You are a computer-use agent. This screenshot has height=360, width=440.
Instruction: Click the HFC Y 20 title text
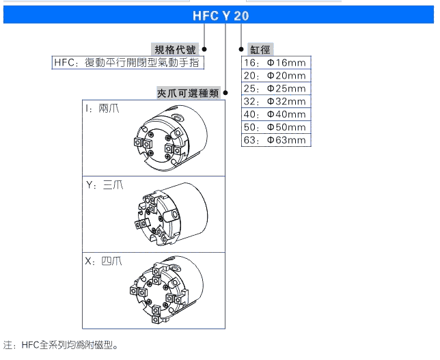[221, 16]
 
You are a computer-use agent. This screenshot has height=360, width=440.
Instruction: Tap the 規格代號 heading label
[175, 50]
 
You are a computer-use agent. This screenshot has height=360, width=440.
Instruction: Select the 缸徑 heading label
[260, 50]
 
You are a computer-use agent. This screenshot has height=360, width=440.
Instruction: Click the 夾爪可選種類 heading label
[188, 93]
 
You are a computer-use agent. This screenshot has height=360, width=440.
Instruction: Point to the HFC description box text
[128, 63]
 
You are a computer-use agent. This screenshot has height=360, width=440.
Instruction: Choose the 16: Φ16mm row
[276, 63]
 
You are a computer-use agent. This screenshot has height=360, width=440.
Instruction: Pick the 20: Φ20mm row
[276, 75]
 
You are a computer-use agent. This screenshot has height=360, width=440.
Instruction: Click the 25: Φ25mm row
[276, 88]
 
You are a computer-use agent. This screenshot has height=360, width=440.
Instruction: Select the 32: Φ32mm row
[276, 101]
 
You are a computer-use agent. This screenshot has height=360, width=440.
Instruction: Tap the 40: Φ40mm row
[276, 114]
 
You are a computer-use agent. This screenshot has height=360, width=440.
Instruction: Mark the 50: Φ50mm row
[276, 127]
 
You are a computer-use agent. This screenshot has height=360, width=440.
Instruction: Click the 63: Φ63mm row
[276, 140]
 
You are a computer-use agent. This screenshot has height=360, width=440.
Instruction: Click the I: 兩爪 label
[102, 109]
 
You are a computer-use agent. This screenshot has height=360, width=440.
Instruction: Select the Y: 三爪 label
[105, 185]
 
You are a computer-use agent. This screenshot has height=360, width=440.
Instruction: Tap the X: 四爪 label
[104, 261]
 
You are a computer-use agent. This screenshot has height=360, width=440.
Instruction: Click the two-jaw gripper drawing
[171, 138]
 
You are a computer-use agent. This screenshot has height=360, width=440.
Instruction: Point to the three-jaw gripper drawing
[171, 214]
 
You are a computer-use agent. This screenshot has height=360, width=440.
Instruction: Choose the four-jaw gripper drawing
[167, 290]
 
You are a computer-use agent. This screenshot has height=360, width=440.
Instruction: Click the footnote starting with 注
[61, 345]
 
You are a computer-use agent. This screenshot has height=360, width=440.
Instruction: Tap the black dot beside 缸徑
[241, 49]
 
